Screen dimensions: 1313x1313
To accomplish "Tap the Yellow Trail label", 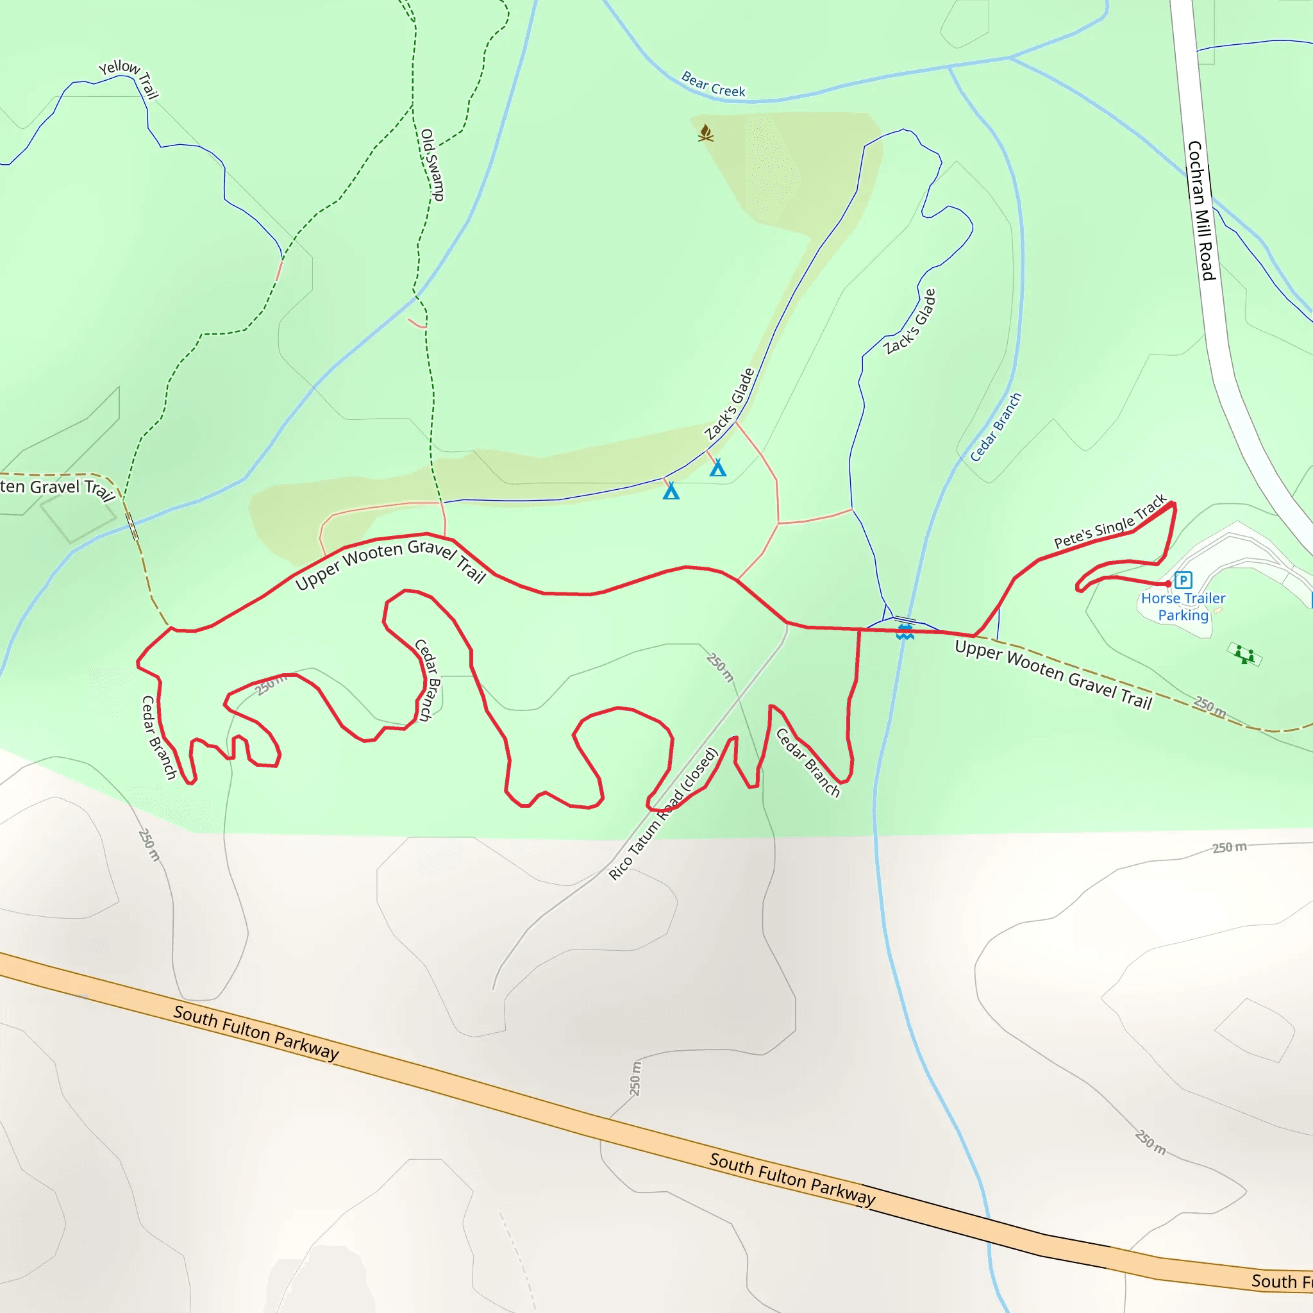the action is pyautogui.click(x=129, y=77).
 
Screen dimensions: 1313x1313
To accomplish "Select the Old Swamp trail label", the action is pyautogui.click(x=431, y=165).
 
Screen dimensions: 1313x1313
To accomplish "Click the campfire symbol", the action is pyautogui.click(x=705, y=133).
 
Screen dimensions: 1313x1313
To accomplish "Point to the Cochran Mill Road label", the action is pyautogui.click(x=1201, y=211).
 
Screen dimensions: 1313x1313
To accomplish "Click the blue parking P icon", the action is pyautogui.click(x=1183, y=580).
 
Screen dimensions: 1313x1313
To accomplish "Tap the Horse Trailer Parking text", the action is pyautogui.click(x=1183, y=606).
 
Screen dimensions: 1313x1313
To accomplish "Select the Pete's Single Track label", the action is pyautogui.click(x=1110, y=522).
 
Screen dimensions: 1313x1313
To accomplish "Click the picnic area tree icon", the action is pyautogui.click(x=1244, y=655).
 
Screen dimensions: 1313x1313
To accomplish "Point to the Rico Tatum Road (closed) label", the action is pyautogui.click(x=664, y=814).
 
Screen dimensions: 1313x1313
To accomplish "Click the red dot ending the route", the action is pyautogui.click(x=1168, y=584).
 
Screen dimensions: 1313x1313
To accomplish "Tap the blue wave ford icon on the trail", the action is pyautogui.click(x=905, y=633).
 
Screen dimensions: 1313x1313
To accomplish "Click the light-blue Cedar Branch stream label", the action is pyautogui.click(x=996, y=428).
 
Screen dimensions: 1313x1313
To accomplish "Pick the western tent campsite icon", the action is pyautogui.click(x=671, y=490).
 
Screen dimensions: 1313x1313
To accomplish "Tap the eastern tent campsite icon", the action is pyautogui.click(x=717, y=467).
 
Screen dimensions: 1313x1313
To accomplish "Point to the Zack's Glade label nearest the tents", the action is pyautogui.click(x=729, y=405).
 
